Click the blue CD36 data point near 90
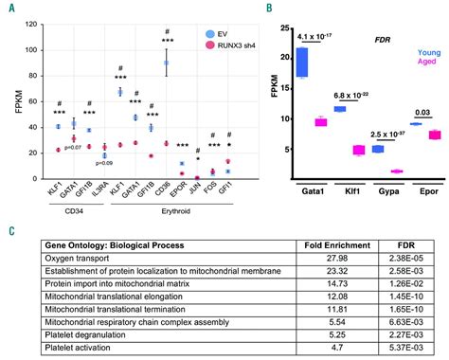167,63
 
